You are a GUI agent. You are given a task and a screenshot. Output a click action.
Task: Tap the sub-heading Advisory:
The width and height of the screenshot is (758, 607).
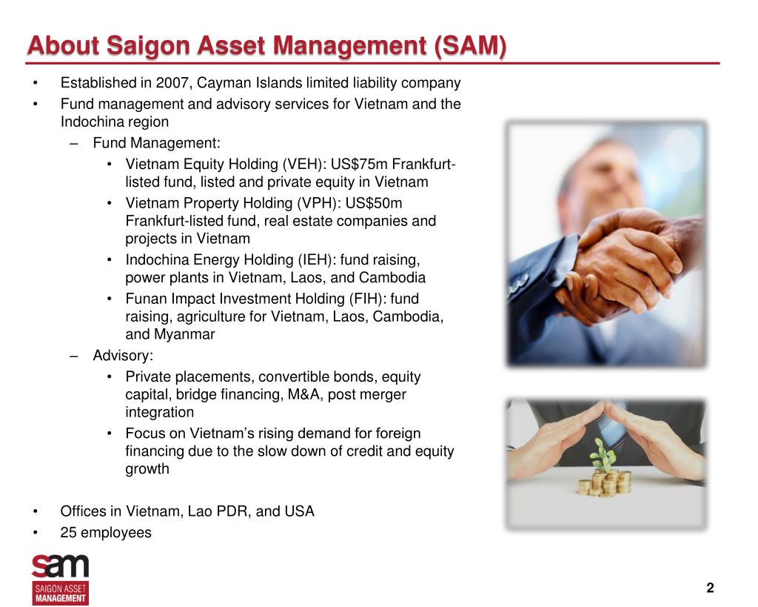point(123,355)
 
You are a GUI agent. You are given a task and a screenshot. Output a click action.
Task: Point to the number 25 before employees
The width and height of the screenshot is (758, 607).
point(69,532)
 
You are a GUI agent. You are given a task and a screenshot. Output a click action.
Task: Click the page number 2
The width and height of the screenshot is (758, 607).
point(710,588)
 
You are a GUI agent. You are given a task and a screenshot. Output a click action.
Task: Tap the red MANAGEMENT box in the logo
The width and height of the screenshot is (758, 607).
point(60,598)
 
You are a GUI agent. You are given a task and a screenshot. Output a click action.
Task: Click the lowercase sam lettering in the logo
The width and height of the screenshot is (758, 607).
point(60,567)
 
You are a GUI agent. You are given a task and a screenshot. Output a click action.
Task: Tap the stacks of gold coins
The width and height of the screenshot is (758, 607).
point(605,482)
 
